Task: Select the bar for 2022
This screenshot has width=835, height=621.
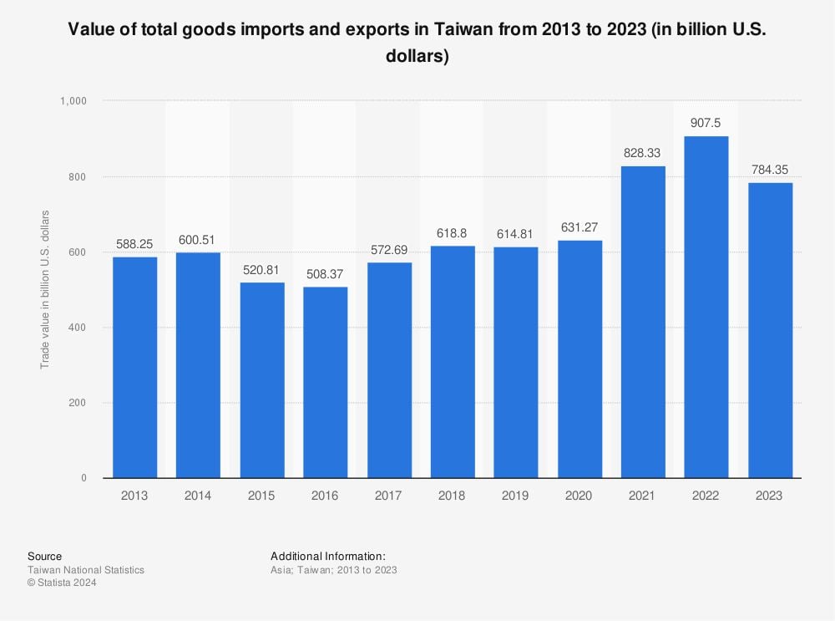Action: tap(706, 307)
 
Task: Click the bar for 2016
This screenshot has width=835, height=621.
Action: tap(325, 382)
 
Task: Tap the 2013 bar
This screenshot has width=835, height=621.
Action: tap(134, 367)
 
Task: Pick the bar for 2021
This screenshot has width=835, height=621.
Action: tap(642, 322)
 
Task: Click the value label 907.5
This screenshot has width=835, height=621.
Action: tap(706, 123)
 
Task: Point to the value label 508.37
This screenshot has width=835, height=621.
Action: tap(325, 273)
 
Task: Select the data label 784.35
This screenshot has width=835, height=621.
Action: tap(769, 170)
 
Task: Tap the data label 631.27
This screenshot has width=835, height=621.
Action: tap(579, 227)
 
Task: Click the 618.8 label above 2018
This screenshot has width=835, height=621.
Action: tap(452, 232)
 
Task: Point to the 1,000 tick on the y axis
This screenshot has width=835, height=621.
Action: tap(73, 101)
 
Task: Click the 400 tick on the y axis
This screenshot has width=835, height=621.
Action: tap(79, 328)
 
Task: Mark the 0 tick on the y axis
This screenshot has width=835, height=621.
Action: tap(83, 478)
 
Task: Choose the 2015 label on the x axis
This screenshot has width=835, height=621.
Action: tap(261, 496)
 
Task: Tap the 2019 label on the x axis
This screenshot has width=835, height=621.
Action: tap(515, 496)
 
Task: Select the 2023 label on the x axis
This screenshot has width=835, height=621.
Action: tap(769, 496)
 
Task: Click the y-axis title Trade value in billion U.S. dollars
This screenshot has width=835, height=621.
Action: tap(45, 289)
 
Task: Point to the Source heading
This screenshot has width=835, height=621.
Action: tap(44, 556)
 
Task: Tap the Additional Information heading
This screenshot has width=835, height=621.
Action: tap(328, 556)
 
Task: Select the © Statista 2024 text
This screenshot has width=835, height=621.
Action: tap(62, 583)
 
